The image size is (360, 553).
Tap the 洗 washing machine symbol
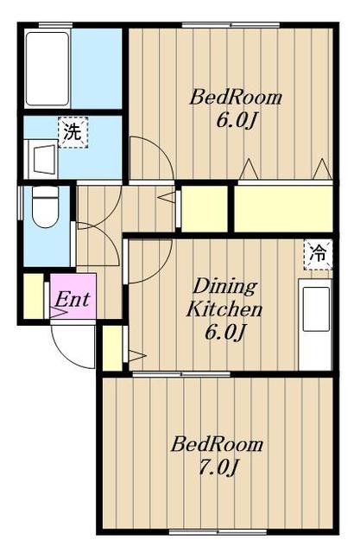[x=73, y=131]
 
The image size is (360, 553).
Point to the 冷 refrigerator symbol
[x=319, y=254]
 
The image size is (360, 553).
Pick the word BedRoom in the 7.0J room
[x=217, y=445]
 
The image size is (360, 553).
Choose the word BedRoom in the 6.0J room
[x=237, y=97]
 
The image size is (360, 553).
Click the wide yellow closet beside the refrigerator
[x=283, y=208]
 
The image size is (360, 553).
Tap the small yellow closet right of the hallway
[x=204, y=207]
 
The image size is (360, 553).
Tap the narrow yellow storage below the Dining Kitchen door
[x=111, y=347]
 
